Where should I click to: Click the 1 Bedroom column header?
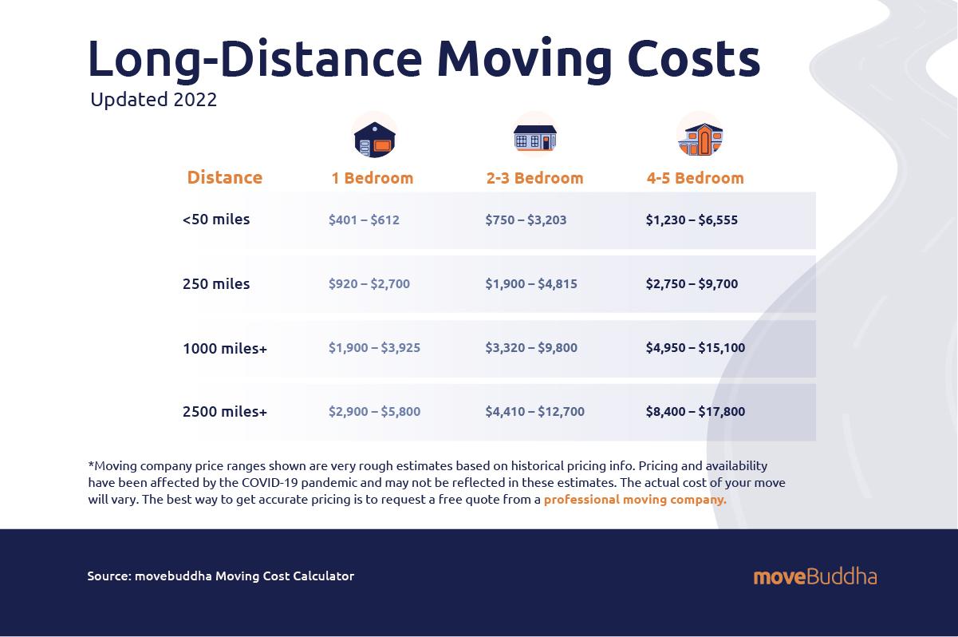(373, 178)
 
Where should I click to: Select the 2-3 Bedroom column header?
(534, 178)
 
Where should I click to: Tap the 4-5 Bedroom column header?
(695, 178)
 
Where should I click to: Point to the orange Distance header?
(224, 177)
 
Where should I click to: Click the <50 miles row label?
(216, 220)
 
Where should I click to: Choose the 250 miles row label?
(216, 284)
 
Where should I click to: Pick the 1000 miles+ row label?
(225, 348)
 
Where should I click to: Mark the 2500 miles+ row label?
(225, 412)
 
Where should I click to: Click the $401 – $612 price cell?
(364, 220)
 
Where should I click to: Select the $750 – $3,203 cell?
(526, 220)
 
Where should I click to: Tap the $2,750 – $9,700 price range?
(692, 284)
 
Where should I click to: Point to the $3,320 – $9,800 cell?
(531, 348)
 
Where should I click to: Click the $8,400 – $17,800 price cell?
(696, 412)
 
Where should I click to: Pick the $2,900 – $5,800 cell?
(374, 412)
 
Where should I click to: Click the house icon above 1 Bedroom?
(374, 136)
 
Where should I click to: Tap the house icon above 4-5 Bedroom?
(700, 136)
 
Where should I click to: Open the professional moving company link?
(635, 500)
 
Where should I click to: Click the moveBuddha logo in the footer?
(814, 576)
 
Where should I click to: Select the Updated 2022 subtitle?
(153, 101)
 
